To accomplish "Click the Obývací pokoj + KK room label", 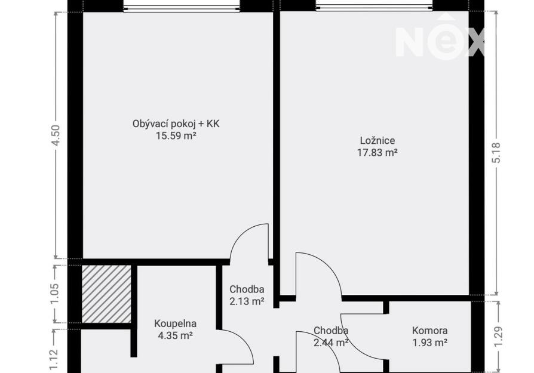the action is pyautogui.click(x=176, y=124).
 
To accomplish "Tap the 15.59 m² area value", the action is pyautogui.click(x=176, y=136).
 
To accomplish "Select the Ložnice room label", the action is pyautogui.click(x=378, y=140).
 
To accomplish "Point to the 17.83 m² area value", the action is pyautogui.click(x=378, y=152).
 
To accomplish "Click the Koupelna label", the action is pyautogui.click(x=175, y=323).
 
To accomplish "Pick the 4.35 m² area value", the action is pyautogui.click(x=175, y=335).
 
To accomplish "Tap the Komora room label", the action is pyautogui.click(x=430, y=331).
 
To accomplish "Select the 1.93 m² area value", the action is pyautogui.click(x=430, y=343).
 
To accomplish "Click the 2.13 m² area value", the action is pyautogui.click(x=247, y=301).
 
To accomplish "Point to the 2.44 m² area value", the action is pyautogui.click(x=331, y=343).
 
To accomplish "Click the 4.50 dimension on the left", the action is pyautogui.click(x=56, y=135).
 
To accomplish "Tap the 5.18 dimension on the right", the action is pyautogui.click(x=496, y=152).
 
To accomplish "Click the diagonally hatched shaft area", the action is pyautogui.click(x=106, y=294).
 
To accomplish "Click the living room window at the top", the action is pyautogui.click(x=182, y=7).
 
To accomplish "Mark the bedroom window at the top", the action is pyautogui.click(x=375, y=7).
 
